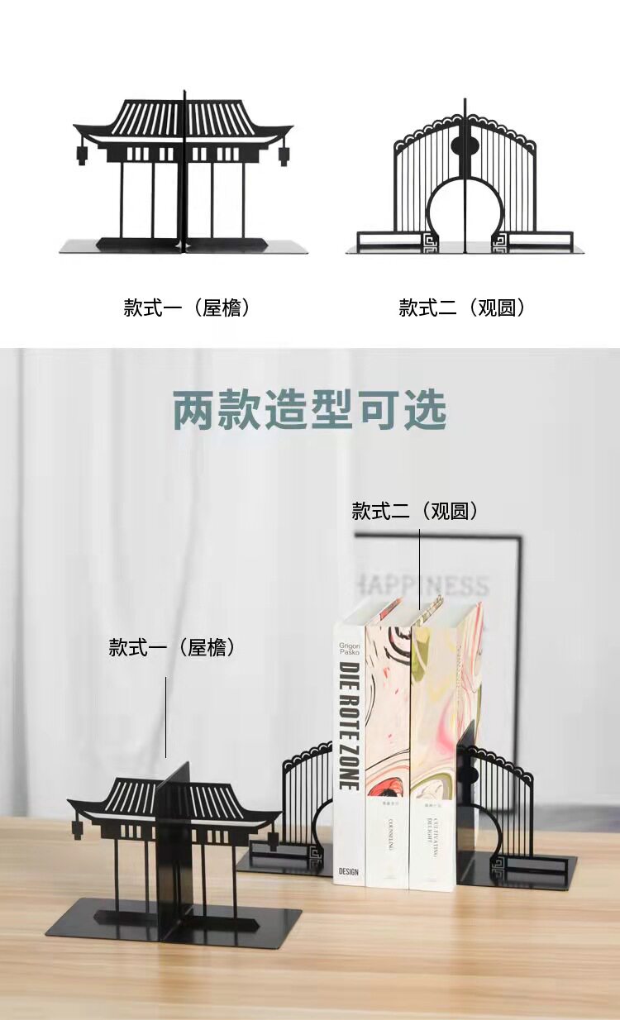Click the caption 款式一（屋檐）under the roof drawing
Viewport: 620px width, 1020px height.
[187, 308]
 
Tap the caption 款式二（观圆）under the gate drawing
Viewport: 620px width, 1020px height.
[462, 308]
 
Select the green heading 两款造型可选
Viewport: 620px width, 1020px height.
[310, 409]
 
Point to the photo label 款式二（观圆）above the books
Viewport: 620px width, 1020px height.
[415, 511]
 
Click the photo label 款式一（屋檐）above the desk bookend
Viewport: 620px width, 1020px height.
[173, 647]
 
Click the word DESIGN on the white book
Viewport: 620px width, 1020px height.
[348, 870]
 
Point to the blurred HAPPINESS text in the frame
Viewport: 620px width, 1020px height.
[422, 586]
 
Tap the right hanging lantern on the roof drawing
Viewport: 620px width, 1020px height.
[284, 155]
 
